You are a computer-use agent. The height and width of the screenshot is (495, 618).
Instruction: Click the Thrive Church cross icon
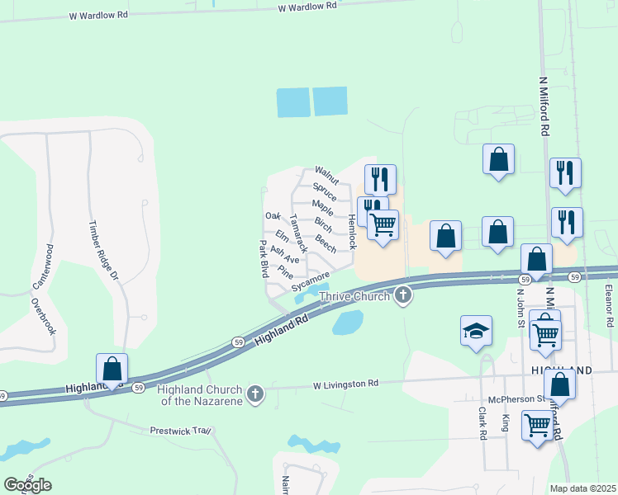coord(403,295)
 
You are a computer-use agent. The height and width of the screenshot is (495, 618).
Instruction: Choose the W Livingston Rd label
coord(345,384)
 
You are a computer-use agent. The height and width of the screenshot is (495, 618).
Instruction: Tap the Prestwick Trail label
coord(182,431)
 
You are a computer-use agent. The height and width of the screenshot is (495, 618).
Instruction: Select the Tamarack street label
coord(299,233)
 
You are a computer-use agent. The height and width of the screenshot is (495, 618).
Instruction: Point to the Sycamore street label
coord(311,281)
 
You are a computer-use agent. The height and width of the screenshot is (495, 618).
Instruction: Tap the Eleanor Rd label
coord(609,303)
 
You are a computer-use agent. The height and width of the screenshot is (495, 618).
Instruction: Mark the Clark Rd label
coord(483,422)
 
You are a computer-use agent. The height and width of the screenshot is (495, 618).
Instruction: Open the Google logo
coord(27,485)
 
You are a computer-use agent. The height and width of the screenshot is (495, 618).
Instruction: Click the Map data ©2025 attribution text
coord(582,488)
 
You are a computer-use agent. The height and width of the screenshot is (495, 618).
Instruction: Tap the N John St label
coord(521,306)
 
